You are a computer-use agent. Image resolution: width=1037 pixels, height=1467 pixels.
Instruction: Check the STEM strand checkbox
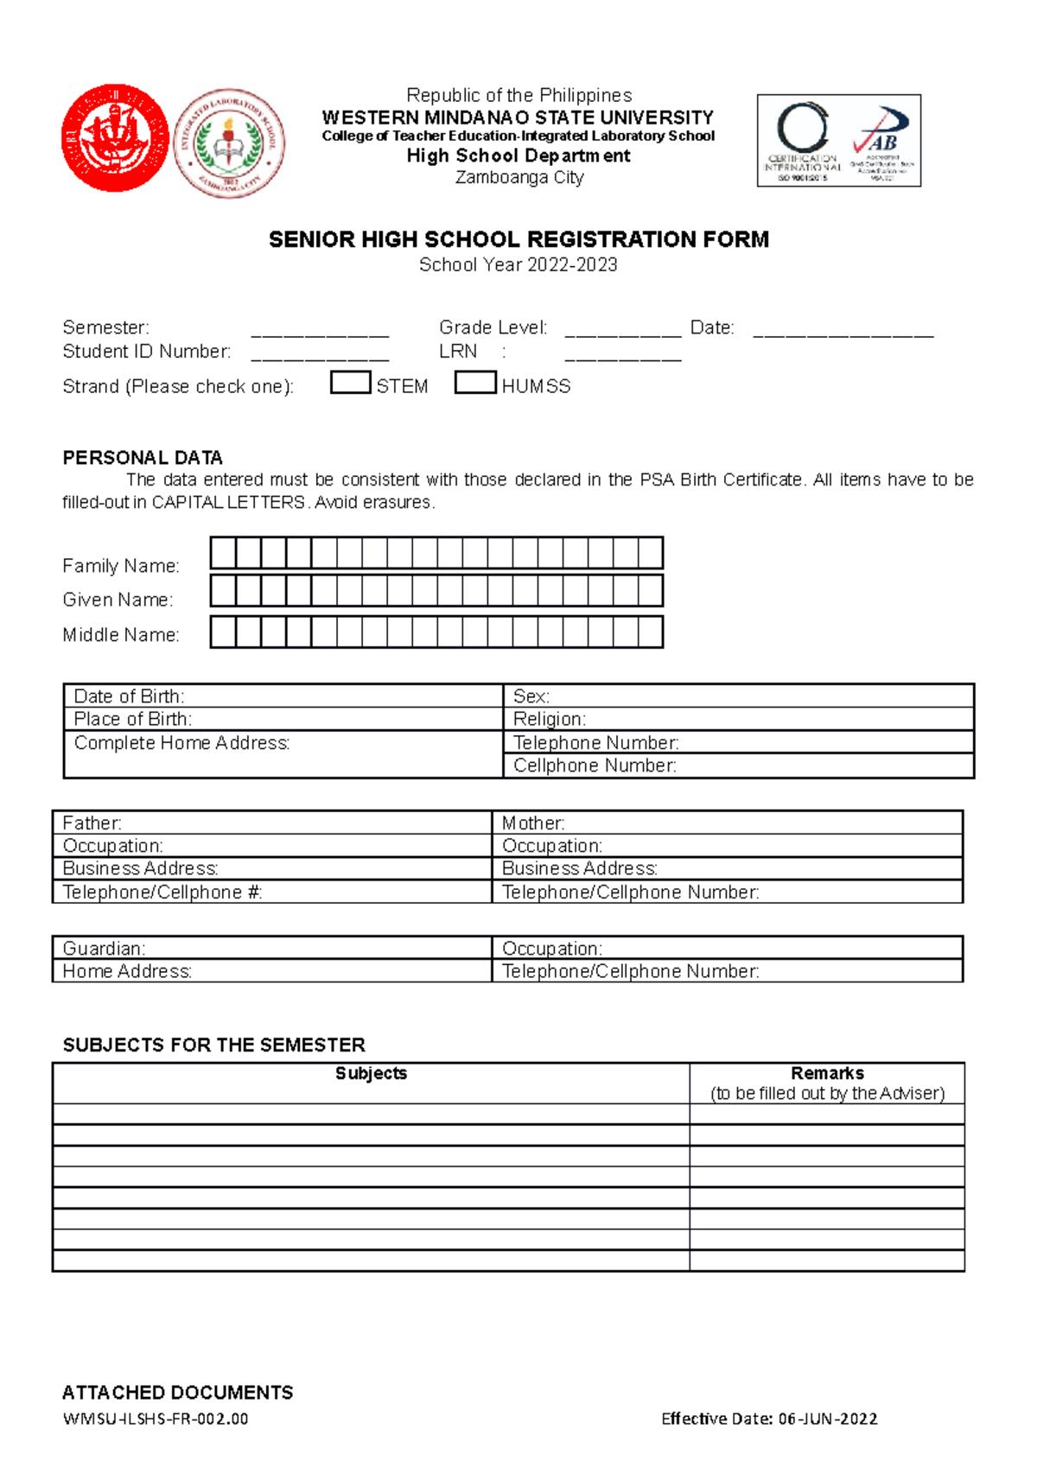pos(350,383)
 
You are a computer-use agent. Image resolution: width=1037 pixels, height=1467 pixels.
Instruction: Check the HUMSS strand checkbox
pos(475,383)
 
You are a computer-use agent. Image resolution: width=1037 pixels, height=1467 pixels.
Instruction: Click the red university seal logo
pos(115,138)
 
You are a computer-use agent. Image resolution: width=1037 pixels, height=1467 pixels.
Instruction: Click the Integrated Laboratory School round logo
pos(229,143)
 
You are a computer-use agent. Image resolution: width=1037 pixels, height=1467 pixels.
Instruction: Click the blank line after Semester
pos(320,330)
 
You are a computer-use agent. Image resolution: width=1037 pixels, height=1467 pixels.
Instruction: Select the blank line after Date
pos(843,330)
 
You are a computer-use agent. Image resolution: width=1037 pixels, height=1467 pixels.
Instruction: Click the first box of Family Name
pos(223,553)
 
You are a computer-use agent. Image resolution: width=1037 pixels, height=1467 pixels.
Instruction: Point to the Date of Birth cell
pos(283,696)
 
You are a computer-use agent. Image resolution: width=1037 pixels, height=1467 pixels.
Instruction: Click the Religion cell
pos(738,719)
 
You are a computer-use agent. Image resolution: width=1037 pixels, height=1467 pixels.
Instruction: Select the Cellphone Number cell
pos(738,765)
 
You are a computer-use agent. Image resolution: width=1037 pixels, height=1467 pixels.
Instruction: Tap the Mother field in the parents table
pos(727,823)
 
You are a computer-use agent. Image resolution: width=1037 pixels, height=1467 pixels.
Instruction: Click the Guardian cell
pos(271,949)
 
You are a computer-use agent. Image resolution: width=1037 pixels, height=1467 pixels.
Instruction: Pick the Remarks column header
pos(827,1083)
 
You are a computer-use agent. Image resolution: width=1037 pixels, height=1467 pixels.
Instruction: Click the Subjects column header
pos(371,1074)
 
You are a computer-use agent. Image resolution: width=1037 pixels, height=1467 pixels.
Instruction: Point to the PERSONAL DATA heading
pos(143,458)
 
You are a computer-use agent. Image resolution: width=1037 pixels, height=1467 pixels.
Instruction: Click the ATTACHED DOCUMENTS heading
pos(177,1393)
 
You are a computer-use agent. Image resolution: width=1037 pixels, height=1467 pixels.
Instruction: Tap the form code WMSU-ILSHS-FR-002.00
pos(156,1419)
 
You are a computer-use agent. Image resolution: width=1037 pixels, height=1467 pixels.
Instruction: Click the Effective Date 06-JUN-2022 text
pos(769,1419)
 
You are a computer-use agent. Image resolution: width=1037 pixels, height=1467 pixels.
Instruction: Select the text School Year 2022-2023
pos(518,265)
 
